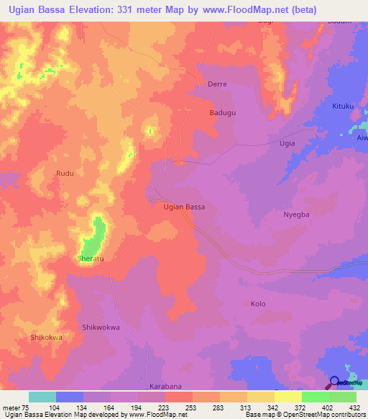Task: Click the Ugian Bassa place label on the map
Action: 184,207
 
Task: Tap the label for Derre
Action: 217,84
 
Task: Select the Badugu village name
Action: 222,113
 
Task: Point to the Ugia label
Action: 287,143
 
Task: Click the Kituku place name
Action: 344,107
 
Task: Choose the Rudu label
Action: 65,174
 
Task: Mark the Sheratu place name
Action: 91,257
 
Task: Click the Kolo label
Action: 257,304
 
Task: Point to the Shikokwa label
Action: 47,337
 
